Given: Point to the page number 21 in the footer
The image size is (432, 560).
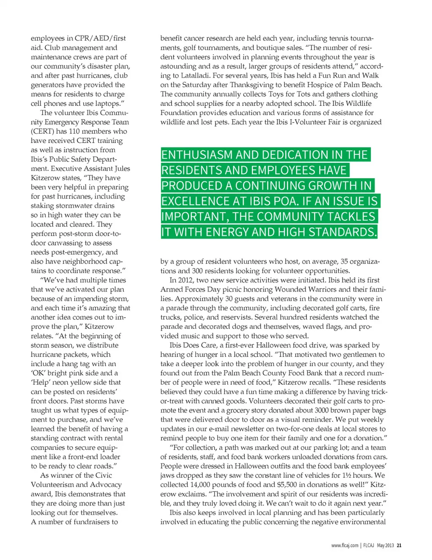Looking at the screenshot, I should click(x=399, y=546).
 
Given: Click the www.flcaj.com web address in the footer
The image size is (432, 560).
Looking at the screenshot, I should click(x=345, y=546).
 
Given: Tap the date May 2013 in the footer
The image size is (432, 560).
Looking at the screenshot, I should click(x=385, y=546).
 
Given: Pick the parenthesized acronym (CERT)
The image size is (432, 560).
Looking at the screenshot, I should click(x=42, y=131).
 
